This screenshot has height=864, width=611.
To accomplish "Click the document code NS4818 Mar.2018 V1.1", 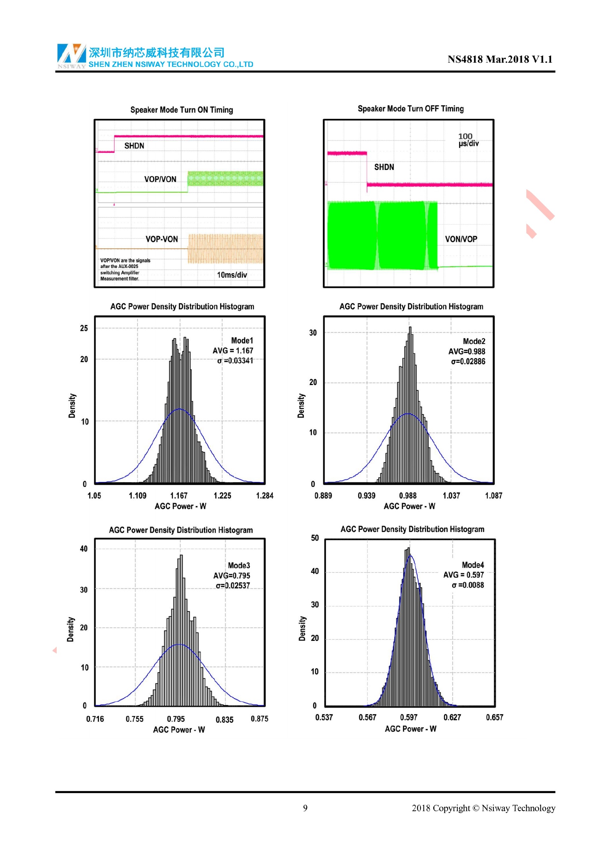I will pyautogui.click(x=500, y=59).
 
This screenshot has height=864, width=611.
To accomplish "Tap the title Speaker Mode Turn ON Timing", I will pyautogui.click(x=181, y=110).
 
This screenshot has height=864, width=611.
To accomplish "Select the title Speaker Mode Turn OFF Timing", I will pyautogui.click(x=411, y=109).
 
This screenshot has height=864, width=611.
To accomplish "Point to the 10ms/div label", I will pyautogui.click(x=232, y=275).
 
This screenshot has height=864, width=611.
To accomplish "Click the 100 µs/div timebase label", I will pyautogui.click(x=468, y=140).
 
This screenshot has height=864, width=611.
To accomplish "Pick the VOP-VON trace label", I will pyautogui.click(x=162, y=239).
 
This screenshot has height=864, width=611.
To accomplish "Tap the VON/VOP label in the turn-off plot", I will pyautogui.click(x=461, y=239).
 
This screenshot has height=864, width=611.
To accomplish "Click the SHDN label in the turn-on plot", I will pyautogui.click(x=134, y=146).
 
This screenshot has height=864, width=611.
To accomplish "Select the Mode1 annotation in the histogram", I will pyautogui.click(x=242, y=341).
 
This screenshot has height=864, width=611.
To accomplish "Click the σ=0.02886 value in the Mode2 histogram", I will pyautogui.click(x=468, y=361).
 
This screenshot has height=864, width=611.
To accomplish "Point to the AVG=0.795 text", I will pyautogui.click(x=231, y=575).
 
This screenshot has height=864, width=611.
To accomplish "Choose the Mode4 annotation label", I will pyautogui.click(x=473, y=565).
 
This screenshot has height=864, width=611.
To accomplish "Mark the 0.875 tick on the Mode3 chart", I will pyautogui.click(x=260, y=719).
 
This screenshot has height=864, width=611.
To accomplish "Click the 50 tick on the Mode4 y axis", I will pyautogui.click(x=315, y=538).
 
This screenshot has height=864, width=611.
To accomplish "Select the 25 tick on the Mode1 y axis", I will pyautogui.click(x=84, y=328).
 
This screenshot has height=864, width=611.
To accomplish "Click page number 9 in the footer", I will pyautogui.click(x=305, y=808).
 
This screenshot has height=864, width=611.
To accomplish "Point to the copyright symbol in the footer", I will pyautogui.click(x=476, y=808).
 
